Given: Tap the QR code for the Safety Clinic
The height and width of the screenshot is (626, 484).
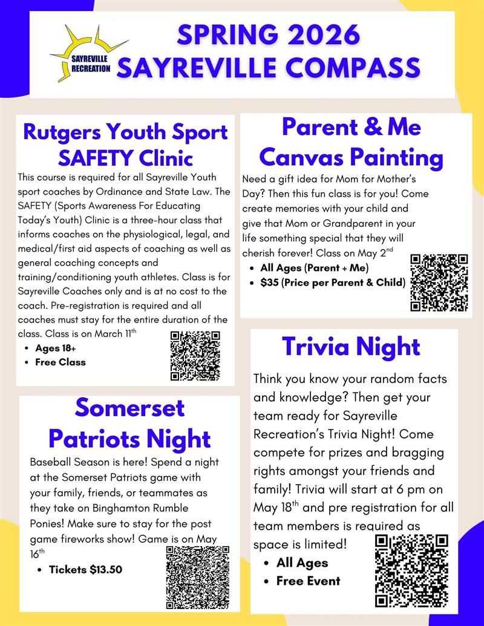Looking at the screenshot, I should pos(195,356).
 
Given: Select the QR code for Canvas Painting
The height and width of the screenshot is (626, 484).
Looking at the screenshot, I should pos(439,282).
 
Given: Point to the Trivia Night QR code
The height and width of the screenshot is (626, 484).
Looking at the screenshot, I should pos(411,570).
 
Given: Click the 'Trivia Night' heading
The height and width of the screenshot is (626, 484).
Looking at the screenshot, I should pos(351,347).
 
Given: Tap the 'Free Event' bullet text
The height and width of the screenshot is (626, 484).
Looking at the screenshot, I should pos(309,581).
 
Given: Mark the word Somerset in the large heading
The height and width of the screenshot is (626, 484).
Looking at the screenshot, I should pos(129,408).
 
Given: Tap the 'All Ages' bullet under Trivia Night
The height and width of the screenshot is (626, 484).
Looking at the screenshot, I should pos(302,562).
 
